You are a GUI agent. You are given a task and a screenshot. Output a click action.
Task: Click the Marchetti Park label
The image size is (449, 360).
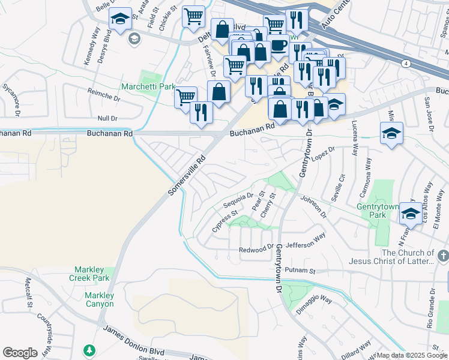click(148, 87)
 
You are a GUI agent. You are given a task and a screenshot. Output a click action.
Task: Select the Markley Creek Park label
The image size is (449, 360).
click(93, 274)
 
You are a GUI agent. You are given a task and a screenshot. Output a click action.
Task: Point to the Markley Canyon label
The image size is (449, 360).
click(99, 299)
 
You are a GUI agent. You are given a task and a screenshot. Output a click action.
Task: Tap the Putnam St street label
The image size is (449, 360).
click(300, 271)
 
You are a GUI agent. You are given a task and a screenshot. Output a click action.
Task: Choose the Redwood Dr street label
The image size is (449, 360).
click(256, 247)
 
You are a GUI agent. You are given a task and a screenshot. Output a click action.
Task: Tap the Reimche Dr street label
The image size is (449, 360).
click(104, 92)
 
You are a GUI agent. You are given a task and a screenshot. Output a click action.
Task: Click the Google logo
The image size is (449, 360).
click(20, 353)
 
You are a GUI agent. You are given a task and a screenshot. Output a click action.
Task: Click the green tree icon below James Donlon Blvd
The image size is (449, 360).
click(89, 349)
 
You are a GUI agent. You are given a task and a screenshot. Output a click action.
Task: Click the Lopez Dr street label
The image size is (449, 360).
click(324, 154)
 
